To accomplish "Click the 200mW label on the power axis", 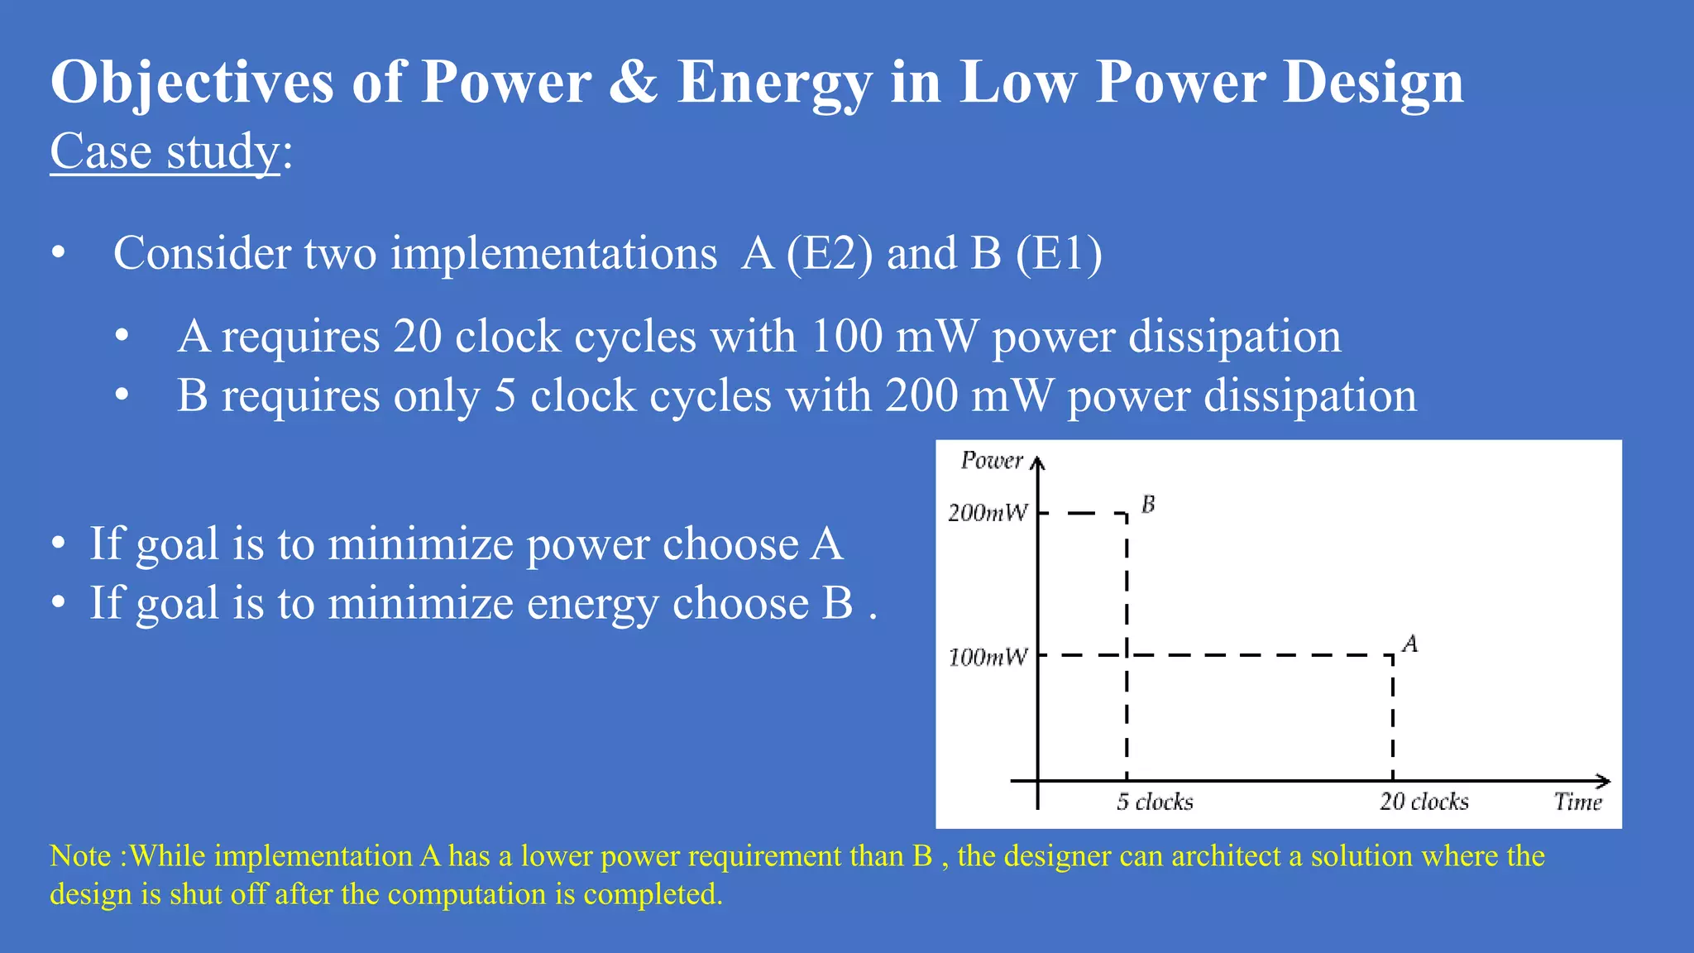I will click(988, 513).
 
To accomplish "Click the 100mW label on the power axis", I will click(988, 657).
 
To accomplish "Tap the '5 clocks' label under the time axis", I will click(1155, 802).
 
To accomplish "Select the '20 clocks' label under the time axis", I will click(1424, 802).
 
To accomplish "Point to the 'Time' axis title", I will click(1577, 802).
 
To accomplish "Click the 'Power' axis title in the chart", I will click(992, 460).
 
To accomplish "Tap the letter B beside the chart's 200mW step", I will click(1148, 504).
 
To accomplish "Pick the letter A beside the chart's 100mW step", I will click(1410, 644).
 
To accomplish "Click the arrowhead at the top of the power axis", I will click(1038, 462).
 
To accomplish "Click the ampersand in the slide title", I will click(634, 82).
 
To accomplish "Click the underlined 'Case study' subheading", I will click(165, 151).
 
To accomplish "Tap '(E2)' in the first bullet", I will click(829, 253).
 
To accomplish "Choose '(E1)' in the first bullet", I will click(1059, 253).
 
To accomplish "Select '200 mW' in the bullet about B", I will click(969, 396).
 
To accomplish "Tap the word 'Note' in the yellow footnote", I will click(80, 855).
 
